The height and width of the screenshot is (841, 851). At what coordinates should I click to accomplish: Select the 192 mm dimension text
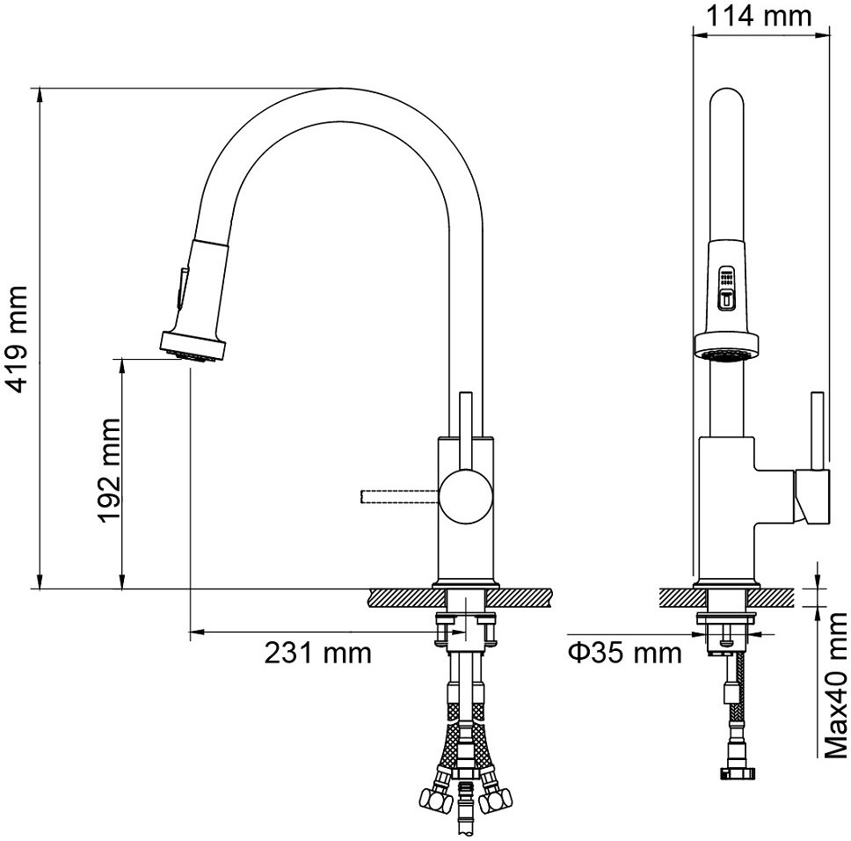108,471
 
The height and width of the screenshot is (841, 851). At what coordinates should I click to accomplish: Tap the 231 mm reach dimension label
318,653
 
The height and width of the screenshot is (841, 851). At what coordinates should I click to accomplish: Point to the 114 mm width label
758,16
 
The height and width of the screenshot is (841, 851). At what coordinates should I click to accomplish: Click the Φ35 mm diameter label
625,653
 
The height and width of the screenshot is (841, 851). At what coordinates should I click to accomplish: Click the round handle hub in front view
466,497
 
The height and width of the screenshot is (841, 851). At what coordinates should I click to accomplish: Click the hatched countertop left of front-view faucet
405,598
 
